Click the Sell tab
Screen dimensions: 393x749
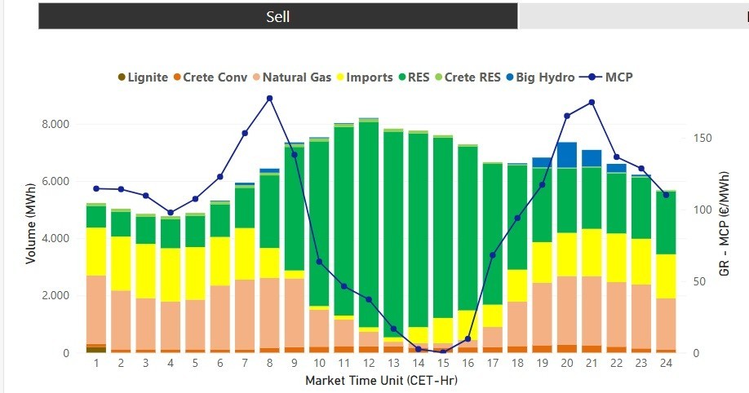click(277, 16)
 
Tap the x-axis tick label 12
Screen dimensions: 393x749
click(368, 362)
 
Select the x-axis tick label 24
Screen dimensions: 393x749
click(665, 362)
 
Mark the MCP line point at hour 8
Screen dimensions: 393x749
click(269, 98)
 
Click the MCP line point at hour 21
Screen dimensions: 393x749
click(592, 102)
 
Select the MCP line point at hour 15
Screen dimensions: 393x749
click(443, 351)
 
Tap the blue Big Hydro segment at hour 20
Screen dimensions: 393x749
click(566, 154)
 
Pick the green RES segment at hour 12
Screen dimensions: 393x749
click(368, 220)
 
